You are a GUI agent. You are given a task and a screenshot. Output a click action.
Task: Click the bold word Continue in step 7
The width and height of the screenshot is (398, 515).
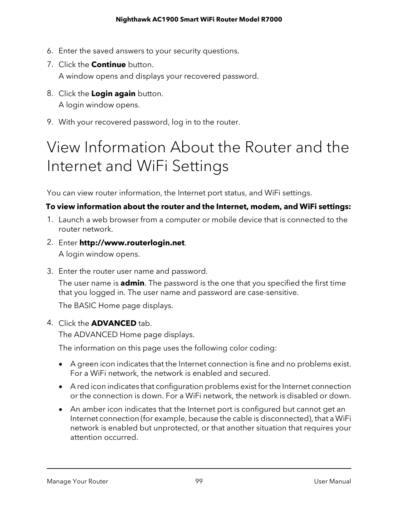pyautogui.click(x=108, y=65)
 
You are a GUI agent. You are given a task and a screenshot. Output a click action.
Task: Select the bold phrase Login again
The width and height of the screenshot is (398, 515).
pyautogui.click(x=113, y=94)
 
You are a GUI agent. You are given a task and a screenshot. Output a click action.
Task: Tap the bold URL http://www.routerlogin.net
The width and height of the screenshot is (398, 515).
pyautogui.click(x=132, y=243)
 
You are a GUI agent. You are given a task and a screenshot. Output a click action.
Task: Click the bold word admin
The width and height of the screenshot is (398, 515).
pyautogui.click(x=132, y=283)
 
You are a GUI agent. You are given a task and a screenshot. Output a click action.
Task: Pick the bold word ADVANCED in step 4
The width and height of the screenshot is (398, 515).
pyautogui.click(x=114, y=323)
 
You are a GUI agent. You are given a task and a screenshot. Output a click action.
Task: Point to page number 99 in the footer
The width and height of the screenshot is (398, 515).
pyautogui.click(x=199, y=481)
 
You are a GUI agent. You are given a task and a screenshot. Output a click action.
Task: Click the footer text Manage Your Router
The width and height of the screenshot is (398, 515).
pyautogui.click(x=77, y=481)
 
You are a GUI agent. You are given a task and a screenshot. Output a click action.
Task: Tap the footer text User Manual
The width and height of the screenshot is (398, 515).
pyautogui.click(x=332, y=481)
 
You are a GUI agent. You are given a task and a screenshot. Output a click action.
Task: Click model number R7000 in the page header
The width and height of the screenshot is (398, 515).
pyautogui.click(x=271, y=20)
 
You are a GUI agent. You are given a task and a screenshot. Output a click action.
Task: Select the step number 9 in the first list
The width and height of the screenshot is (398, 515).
pyautogui.click(x=49, y=122)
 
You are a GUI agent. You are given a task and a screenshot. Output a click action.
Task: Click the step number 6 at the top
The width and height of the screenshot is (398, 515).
pyautogui.click(x=49, y=51)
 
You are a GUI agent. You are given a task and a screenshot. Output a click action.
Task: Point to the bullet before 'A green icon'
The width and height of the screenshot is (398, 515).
pyautogui.click(x=63, y=364)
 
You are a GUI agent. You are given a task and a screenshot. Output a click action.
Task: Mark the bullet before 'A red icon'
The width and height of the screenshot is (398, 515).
pyautogui.click(x=63, y=387)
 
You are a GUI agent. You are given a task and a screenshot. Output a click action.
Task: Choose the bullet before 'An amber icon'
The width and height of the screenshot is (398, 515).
pyautogui.click(x=63, y=409)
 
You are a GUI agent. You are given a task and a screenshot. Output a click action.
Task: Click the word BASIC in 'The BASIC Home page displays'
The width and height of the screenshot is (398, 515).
pyautogui.click(x=85, y=305)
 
